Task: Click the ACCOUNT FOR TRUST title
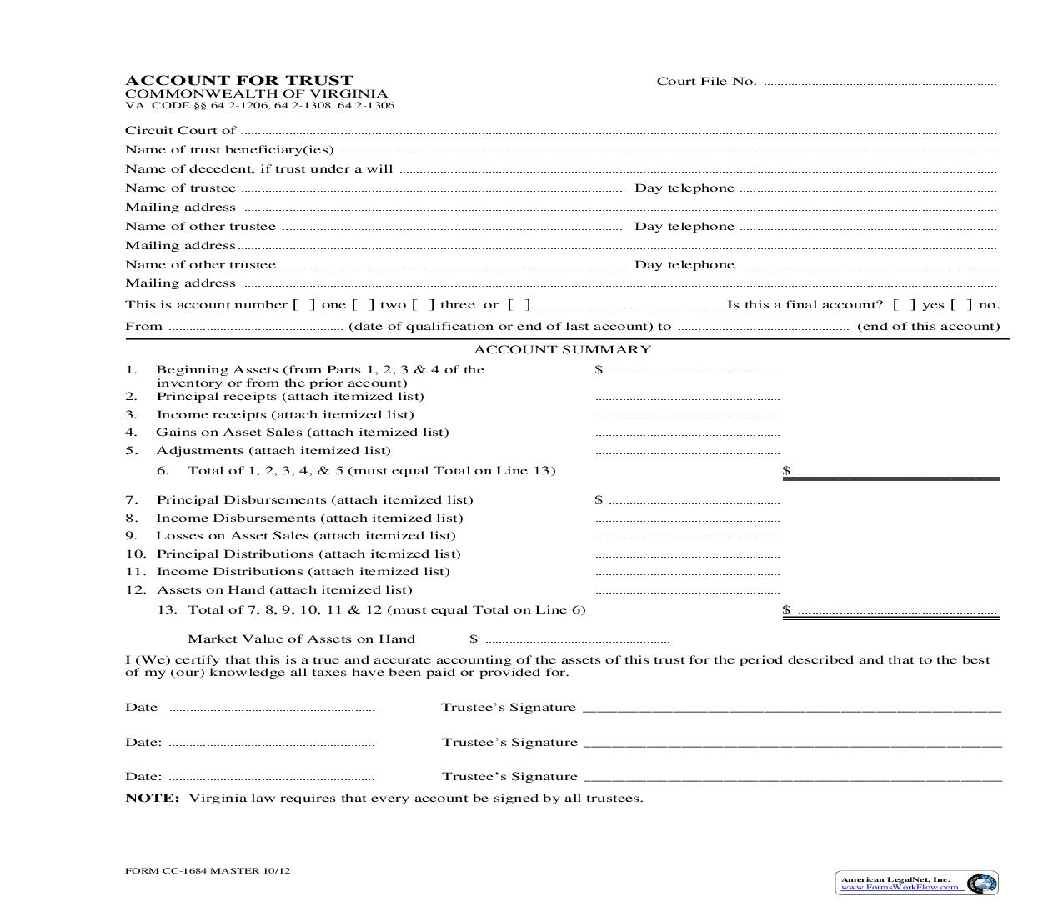(239, 80)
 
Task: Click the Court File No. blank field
(880, 83)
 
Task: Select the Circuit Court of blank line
(617, 132)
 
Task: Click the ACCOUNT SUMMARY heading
(562, 350)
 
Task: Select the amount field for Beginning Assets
(694, 371)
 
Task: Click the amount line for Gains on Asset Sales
(688, 433)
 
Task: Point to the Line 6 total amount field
(897, 472)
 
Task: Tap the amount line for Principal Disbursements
(694, 501)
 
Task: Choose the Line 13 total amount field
(897, 611)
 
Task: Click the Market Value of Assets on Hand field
(577, 640)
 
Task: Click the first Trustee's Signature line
(791, 709)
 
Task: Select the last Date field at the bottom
(271, 778)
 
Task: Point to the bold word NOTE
(152, 799)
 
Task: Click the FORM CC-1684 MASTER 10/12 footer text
(208, 871)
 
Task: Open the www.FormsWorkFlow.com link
(899, 887)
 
